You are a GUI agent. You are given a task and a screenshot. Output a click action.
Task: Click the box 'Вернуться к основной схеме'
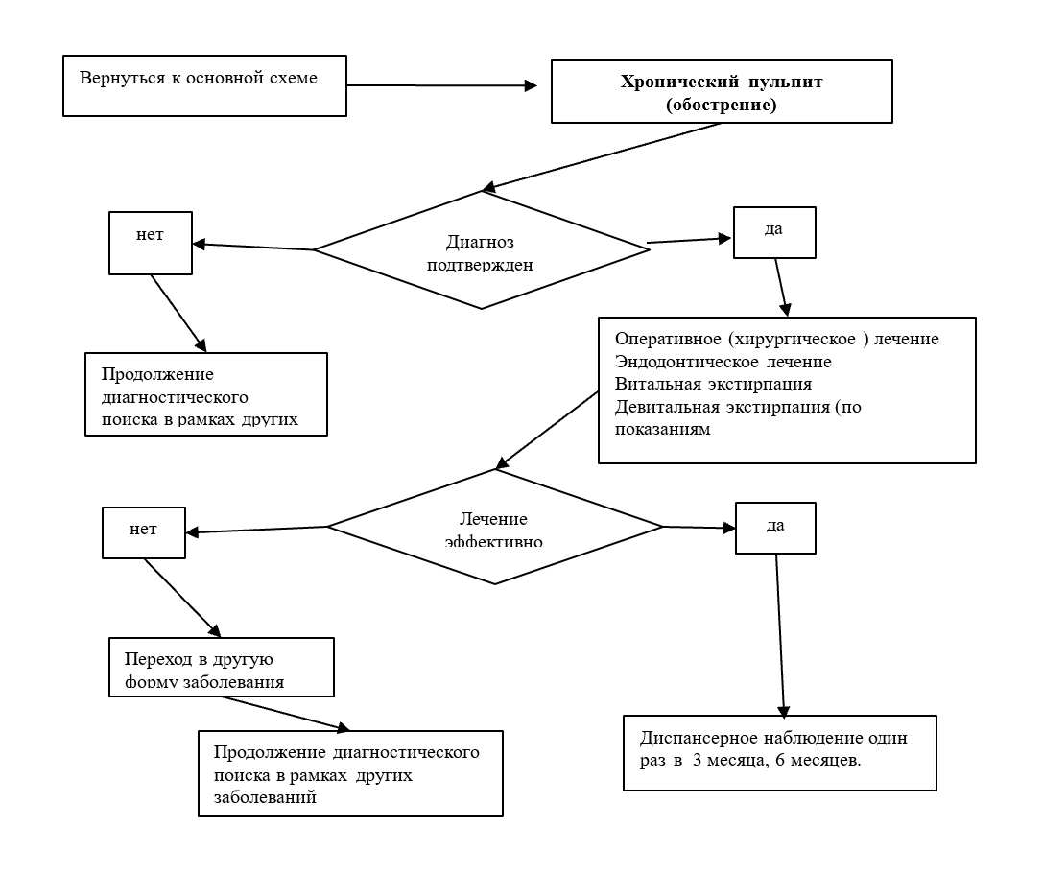pyautogui.click(x=204, y=86)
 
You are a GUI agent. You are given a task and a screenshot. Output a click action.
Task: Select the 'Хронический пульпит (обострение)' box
pyautogui.click(x=722, y=92)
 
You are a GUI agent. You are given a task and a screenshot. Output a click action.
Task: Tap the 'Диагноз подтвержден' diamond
pyautogui.click(x=482, y=250)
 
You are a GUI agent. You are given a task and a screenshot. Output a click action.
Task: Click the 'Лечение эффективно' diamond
pyautogui.click(x=494, y=526)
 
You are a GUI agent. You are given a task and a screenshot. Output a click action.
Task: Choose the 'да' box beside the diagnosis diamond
pyautogui.click(x=774, y=232)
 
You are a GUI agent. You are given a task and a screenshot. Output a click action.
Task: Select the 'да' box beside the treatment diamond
pyautogui.click(x=775, y=527)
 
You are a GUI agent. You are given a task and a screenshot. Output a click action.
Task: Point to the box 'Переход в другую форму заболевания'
pyautogui.click(x=222, y=666)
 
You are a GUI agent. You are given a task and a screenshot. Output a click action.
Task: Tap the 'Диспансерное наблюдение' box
pyautogui.click(x=779, y=752)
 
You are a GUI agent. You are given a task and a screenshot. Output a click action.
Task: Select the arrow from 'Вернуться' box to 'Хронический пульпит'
pyautogui.click(x=441, y=85)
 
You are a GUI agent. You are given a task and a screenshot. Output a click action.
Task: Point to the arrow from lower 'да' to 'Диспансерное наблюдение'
pyautogui.click(x=780, y=633)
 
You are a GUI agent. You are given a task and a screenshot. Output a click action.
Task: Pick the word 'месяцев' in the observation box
pyautogui.click(x=828, y=762)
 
